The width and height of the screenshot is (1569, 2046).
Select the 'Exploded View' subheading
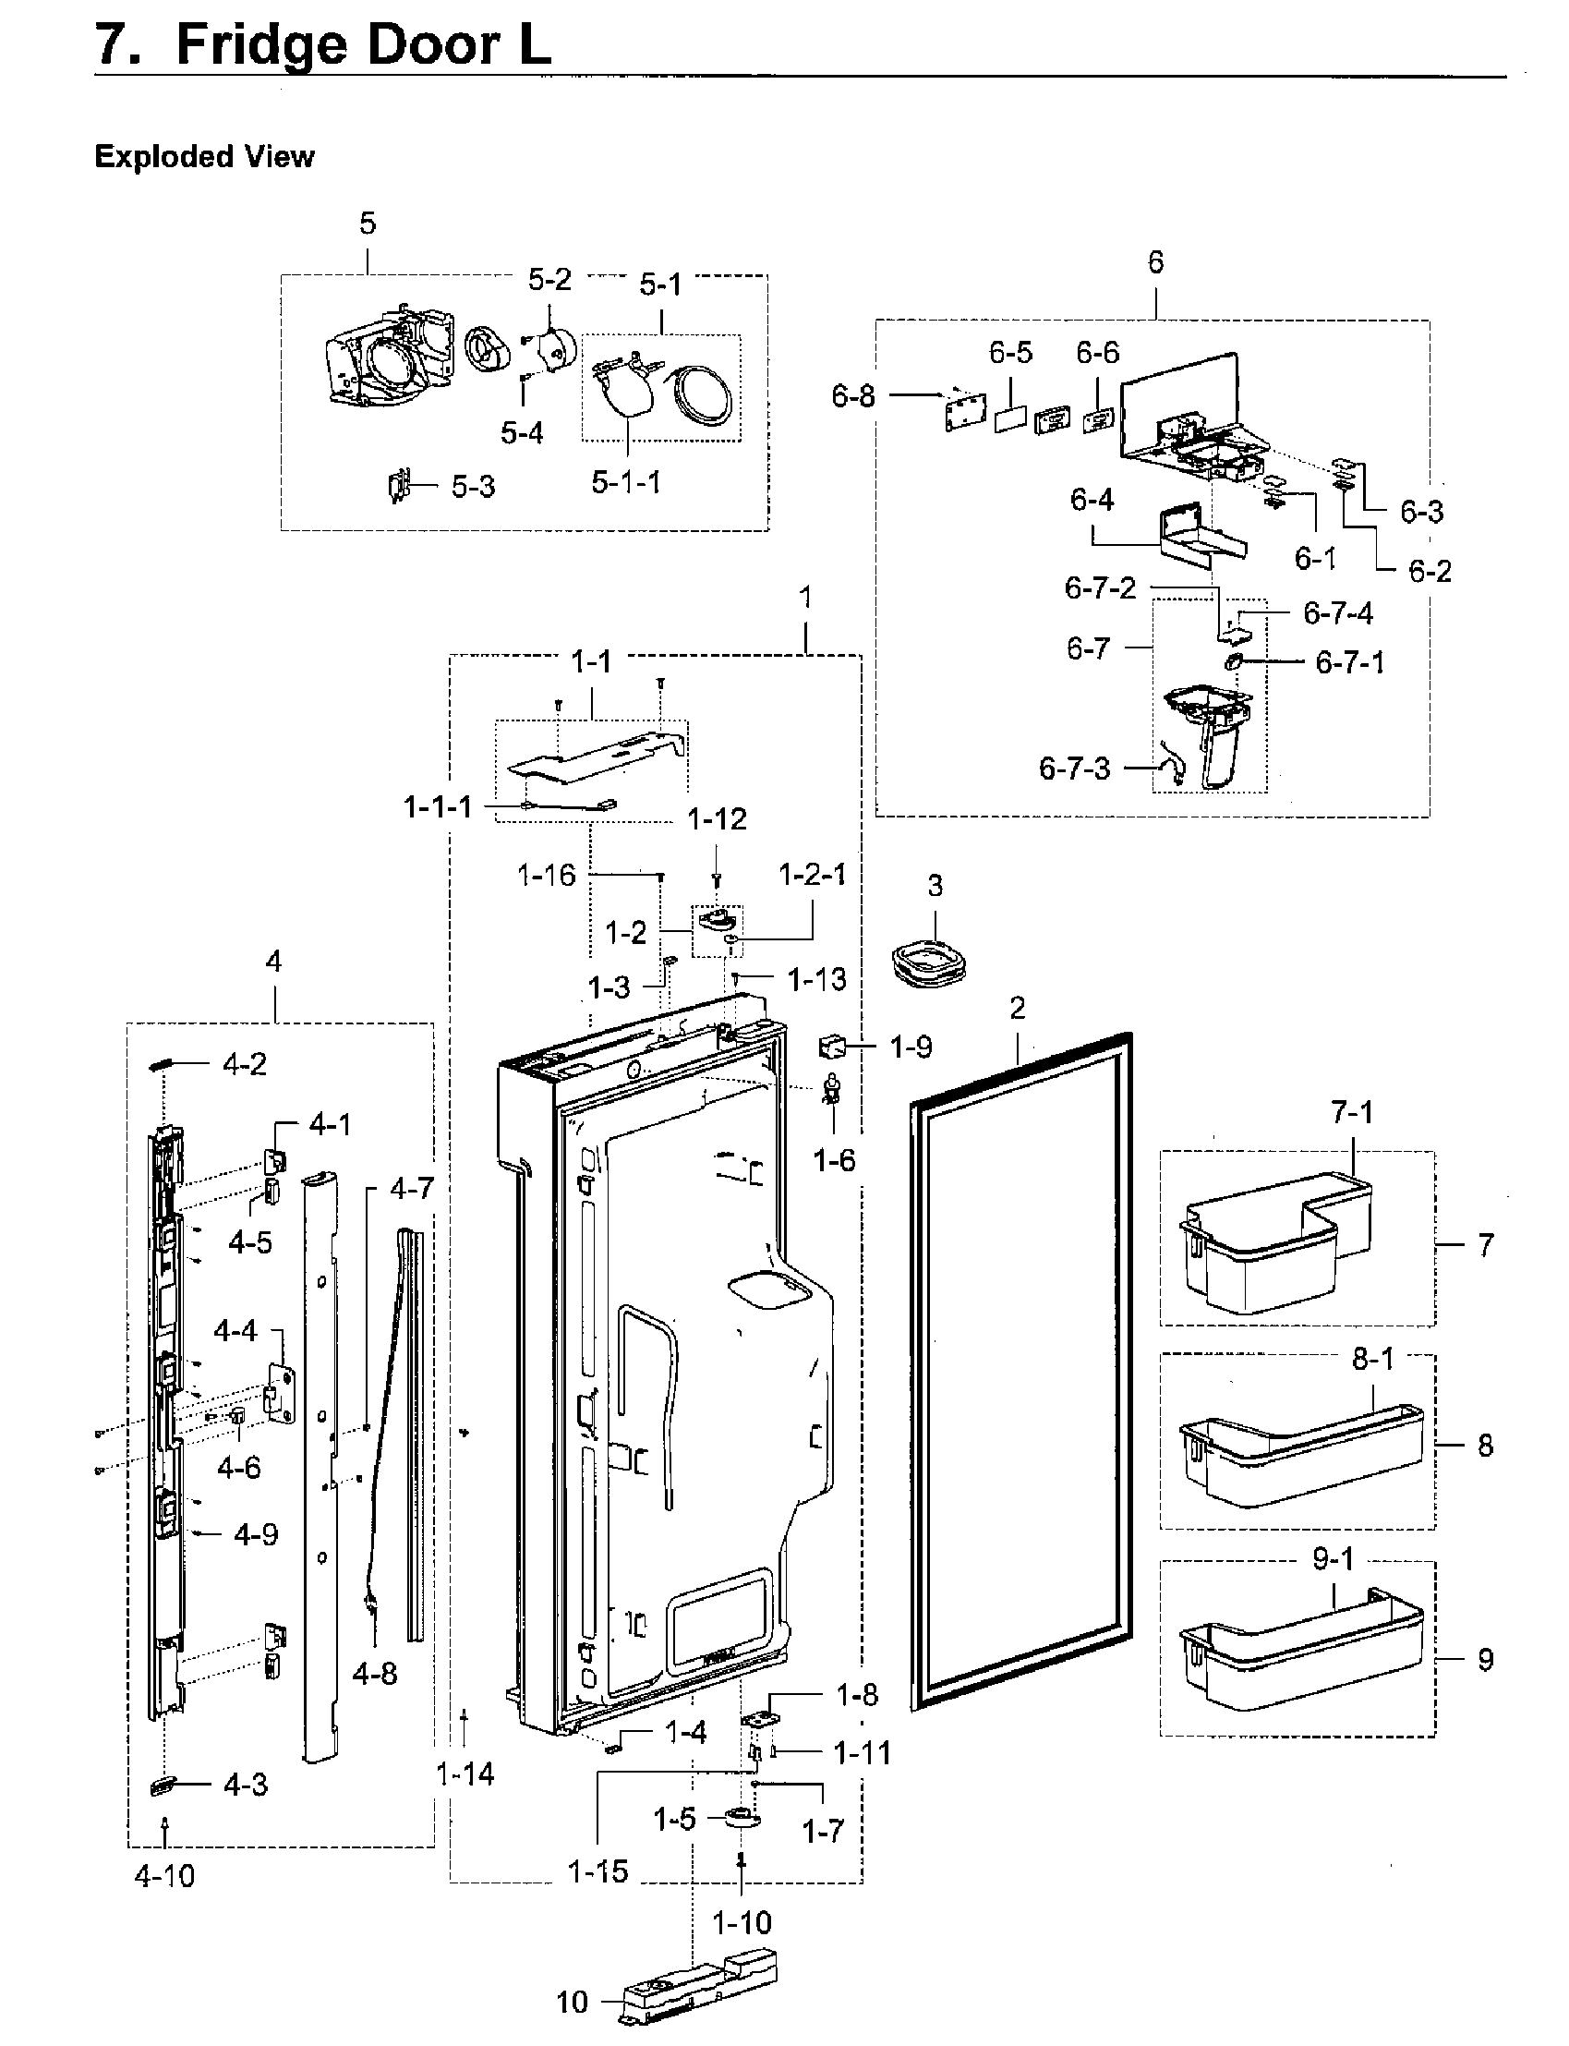pos(203,156)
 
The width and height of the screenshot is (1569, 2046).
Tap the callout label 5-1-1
pos(626,482)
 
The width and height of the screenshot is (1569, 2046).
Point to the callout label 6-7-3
pos(1075,769)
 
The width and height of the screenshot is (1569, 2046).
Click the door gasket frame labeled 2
pos(1022,1374)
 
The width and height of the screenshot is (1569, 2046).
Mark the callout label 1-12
pos(717,819)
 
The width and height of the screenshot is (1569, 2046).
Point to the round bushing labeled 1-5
pos(742,1818)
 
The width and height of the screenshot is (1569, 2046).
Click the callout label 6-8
pos(853,396)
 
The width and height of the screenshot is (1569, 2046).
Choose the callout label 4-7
pos(412,1190)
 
